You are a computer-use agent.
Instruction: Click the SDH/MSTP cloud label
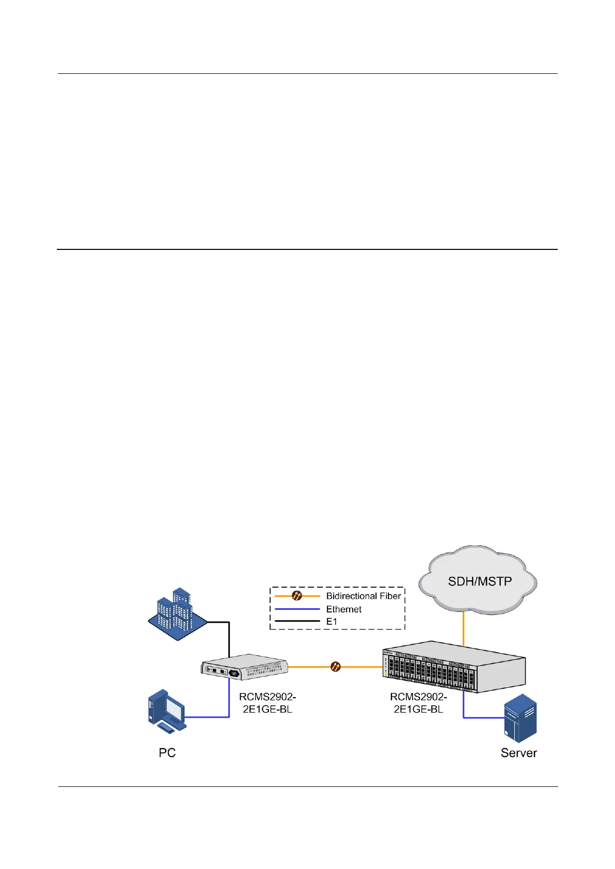coord(480,581)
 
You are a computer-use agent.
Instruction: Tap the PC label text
coord(167,753)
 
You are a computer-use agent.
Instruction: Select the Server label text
coord(518,753)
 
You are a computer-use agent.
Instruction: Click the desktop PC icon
coord(166,710)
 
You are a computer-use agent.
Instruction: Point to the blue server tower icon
coord(520,718)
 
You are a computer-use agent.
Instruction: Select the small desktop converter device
coord(244,667)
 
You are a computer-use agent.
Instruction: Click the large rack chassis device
coord(453,667)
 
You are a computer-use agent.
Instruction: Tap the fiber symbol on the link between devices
coord(335,667)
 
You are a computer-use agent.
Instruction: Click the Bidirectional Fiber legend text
coord(363,596)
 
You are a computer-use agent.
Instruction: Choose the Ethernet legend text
coord(343,609)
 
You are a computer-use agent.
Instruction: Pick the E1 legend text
coord(332,622)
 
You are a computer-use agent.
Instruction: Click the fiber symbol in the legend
coord(297,596)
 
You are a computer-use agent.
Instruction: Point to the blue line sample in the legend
coord(297,609)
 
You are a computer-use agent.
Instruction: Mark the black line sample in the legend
coord(297,622)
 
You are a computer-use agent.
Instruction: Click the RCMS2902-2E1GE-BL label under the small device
coord(267,703)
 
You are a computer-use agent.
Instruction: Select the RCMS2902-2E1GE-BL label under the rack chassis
coord(418,703)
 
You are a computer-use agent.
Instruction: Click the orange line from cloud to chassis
coord(463,630)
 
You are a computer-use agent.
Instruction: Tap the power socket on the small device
coord(234,673)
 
